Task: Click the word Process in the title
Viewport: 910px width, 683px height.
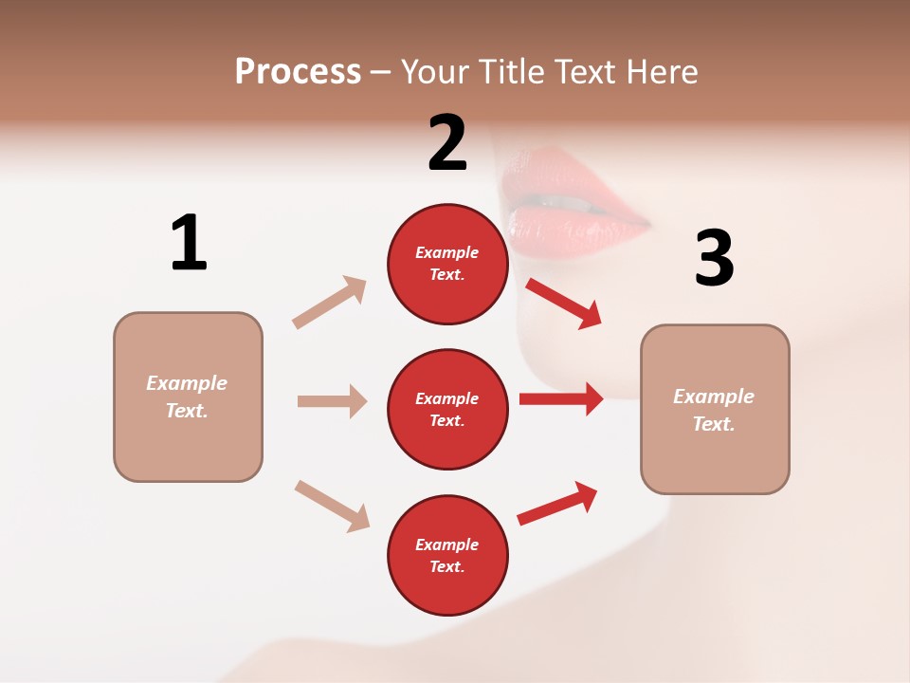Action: pyautogui.click(x=298, y=72)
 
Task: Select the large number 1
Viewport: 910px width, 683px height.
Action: pyautogui.click(x=189, y=243)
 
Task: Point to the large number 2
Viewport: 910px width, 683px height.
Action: pyautogui.click(x=447, y=143)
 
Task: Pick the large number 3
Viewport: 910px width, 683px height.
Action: pyautogui.click(x=714, y=259)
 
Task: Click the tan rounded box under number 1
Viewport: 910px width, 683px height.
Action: pyautogui.click(x=188, y=397)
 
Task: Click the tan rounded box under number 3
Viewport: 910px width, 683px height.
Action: pyautogui.click(x=715, y=410)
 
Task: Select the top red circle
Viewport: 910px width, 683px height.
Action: pyautogui.click(x=447, y=264)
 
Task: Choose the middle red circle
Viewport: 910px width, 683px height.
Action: pyautogui.click(x=447, y=410)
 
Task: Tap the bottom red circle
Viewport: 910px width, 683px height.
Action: pyautogui.click(x=447, y=556)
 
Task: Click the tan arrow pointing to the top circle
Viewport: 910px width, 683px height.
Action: pyautogui.click(x=330, y=303)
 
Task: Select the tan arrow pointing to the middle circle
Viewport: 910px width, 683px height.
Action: pyautogui.click(x=332, y=401)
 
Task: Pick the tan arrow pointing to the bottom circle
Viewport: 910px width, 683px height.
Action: pyautogui.click(x=332, y=506)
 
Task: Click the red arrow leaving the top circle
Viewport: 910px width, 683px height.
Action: pyautogui.click(x=563, y=303)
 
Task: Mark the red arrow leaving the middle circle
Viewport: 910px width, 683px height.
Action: pyautogui.click(x=561, y=398)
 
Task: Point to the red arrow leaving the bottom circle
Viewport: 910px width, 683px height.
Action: pyautogui.click(x=557, y=503)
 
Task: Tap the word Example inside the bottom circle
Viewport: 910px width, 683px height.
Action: pyautogui.click(x=447, y=545)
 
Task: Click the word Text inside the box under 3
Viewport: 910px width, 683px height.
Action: pyautogui.click(x=713, y=423)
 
